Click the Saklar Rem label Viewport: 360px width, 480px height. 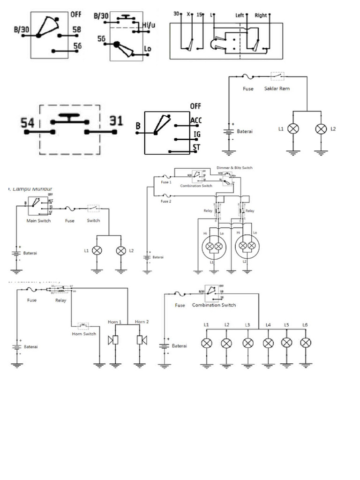point(277,89)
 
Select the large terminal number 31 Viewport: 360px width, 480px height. point(116,121)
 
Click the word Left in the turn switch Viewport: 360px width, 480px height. point(240,15)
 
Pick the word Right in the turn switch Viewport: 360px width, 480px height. point(261,15)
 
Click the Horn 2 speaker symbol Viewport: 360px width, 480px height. point(139,340)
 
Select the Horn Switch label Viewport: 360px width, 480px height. point(84,334)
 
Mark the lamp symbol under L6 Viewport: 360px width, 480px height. point(305,343)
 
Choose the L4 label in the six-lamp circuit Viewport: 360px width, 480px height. point(268,325)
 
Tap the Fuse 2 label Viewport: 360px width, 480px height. point(166,201)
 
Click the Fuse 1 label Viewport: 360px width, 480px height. point(166,182)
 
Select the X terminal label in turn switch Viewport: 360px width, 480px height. point(188,14)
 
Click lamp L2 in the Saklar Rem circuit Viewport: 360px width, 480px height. point(321,128)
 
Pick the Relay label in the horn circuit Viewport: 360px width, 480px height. point(61,300)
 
